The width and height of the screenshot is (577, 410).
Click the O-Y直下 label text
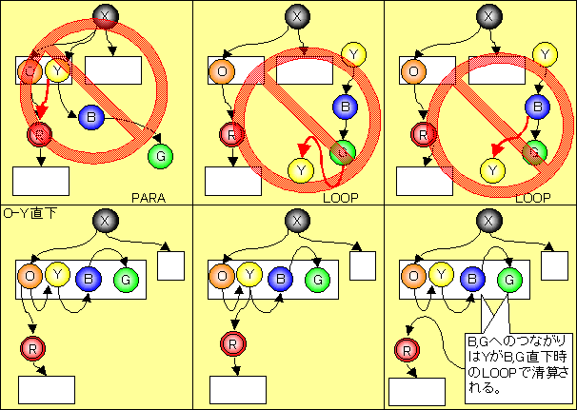(30, 213)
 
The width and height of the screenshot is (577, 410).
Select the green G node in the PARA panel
(161, 154)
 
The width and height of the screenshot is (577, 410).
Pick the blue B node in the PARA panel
(91, 116)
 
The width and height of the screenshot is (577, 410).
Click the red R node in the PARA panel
(38, 135)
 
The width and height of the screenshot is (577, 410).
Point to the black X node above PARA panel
(106, 16)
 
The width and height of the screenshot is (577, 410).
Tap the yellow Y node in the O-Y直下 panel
(58, 278)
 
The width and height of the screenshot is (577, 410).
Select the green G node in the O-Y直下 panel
(125, 279)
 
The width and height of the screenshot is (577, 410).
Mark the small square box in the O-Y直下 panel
(170, 265)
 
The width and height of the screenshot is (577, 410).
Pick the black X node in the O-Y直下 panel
(106, 221)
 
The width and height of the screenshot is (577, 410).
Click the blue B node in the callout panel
(471, 279)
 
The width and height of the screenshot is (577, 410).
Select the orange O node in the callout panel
(412, 277)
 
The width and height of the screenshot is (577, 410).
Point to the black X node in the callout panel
(488, 221)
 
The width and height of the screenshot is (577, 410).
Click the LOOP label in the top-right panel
(532, 198)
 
